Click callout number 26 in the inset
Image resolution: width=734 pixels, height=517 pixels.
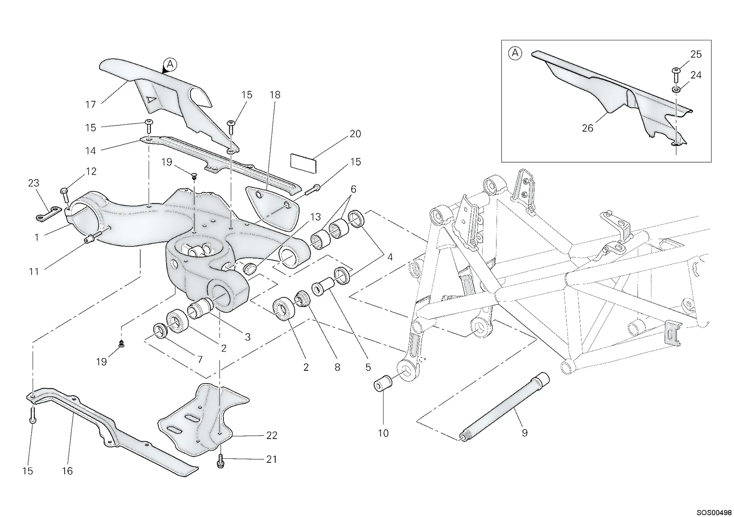tap(587, 128)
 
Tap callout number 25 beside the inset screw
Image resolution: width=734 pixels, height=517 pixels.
tap(695, 55)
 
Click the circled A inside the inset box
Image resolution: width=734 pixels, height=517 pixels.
tap(515, 53)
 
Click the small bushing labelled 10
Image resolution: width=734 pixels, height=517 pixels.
tap(383, 383)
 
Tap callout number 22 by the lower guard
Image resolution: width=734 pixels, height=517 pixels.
tap(272, 435)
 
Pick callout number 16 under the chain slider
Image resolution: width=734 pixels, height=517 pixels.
tap(67, 471)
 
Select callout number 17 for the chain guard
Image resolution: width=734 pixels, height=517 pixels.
tap(90, 105)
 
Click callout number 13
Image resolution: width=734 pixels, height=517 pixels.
tap(315, 217)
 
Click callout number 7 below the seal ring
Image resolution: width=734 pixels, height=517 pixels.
tap(200, 359)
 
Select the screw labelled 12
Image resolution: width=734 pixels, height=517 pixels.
tap(64, 195)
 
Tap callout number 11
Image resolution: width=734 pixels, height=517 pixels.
tap(34, 271)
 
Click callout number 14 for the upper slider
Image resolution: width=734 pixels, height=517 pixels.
tap(90, 151)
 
